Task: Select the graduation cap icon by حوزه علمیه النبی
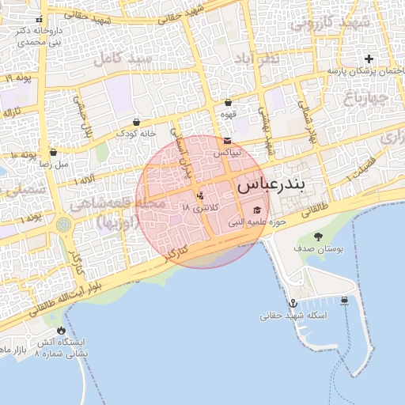coord(257,210)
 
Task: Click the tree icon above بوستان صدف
coord(318,237)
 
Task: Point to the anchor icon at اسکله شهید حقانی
coord(292,303)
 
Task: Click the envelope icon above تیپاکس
coord(228,140)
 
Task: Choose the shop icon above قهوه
coord(228,102)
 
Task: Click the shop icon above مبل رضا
coord(53,152)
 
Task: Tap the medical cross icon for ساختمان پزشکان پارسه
coord(369,59)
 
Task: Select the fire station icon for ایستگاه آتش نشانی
coord(62,330)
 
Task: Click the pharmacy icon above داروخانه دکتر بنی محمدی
coord(38,19)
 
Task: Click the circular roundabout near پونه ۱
coord(63,225)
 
